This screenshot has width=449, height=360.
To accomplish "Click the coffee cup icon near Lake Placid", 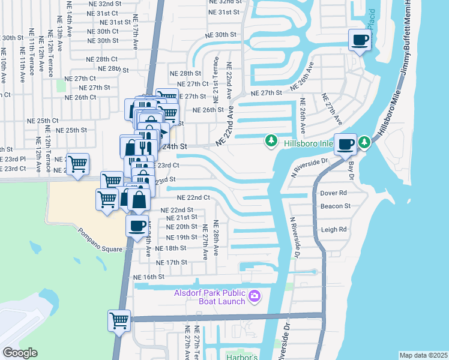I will tap(360, 40).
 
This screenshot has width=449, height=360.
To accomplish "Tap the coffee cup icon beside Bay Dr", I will tap(345, 144).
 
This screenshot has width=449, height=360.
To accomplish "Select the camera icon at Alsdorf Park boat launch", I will tap(255, 295).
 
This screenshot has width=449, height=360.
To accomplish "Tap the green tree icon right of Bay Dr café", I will tap(364, 142).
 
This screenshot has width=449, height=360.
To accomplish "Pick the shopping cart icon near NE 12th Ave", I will tap(77, 163).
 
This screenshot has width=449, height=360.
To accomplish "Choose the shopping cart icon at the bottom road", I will tap(119, 320).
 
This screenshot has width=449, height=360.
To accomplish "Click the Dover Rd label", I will tap(334, 193).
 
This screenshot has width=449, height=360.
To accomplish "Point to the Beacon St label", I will tap(336, 206).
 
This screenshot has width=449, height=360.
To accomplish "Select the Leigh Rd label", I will tap(334, 229).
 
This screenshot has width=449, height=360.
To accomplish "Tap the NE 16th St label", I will tap(149, 277).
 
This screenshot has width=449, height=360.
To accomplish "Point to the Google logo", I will tap(20, 353).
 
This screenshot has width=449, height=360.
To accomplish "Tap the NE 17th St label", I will tap(172, 262).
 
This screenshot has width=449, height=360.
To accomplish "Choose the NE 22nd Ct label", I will tap(193, 197).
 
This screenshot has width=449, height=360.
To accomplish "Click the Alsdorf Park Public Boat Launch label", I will tap(209, 297).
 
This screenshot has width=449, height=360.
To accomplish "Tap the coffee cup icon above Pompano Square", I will tap(137, 226).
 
